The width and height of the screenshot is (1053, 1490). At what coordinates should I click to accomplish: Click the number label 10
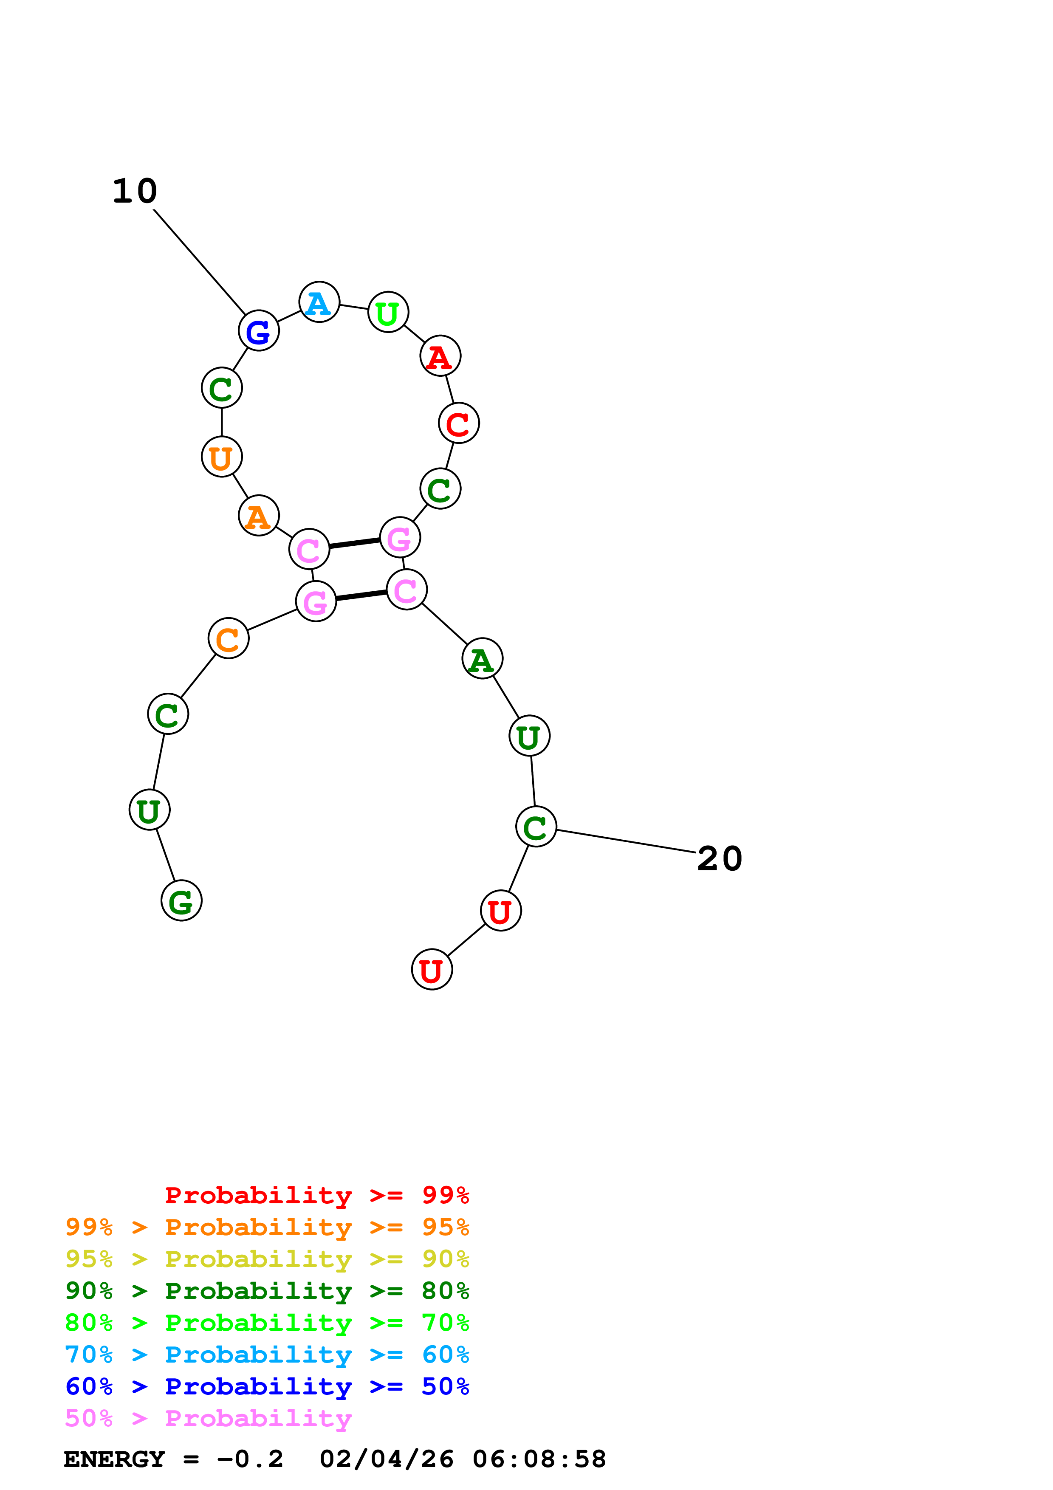coord(135,192)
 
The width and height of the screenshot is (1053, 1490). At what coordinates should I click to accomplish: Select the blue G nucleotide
coord(259,331)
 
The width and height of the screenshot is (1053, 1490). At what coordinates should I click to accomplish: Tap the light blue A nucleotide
coord(319,302)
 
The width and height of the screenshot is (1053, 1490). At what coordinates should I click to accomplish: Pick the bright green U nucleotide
coord(388,313)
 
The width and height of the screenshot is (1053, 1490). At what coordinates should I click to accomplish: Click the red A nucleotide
coord(440,356)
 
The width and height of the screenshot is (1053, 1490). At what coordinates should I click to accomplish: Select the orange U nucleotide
coord(222,457)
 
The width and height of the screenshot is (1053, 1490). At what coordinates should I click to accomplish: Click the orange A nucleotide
coord(259,516)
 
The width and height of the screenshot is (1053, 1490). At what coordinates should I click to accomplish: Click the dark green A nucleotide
coord(482,659)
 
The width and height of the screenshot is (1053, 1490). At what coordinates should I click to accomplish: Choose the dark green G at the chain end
coord(182,901)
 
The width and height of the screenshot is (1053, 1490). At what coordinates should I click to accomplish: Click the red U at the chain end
coord(432,970)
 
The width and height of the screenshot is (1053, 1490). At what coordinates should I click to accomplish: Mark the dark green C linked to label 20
coord(536,827)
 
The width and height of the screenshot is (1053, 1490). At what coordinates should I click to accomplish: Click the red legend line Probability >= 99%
coord(316,1195)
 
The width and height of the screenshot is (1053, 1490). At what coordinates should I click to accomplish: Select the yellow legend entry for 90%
coord(267,1259)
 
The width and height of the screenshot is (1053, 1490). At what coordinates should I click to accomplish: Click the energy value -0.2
coord(250,1459)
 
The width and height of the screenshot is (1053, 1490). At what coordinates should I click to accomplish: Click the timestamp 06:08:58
coord(539,1459)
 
